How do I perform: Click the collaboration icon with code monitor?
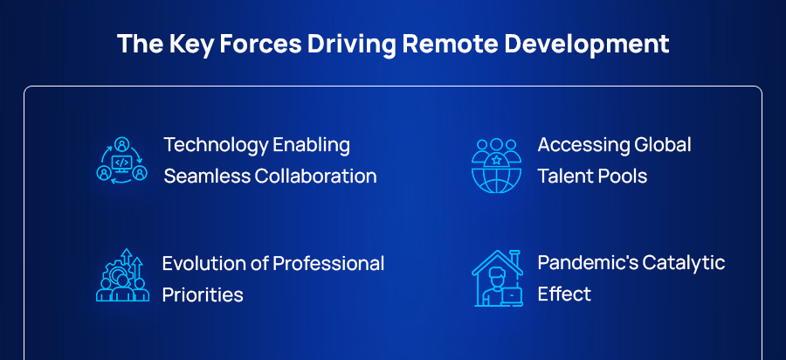[x=121, y=159]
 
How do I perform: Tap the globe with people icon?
[x=496, y=163]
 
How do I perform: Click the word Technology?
[x=214, y=145]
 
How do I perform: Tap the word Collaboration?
[x=315, y=176]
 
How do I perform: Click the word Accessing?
[x=577, y=145]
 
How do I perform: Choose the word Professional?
[x=328, y=263]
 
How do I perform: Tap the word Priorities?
[x=203, y=294]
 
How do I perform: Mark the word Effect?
[x=564, y=294]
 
